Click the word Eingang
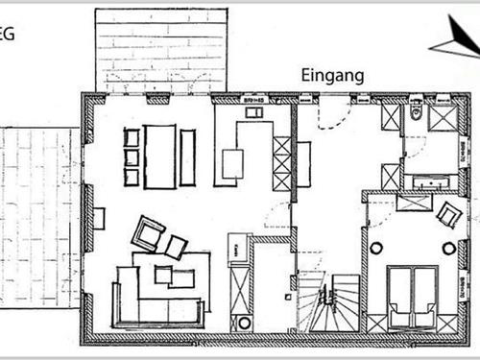coord(332,75)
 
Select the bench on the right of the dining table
coord(186,156)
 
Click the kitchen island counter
coord(233,162)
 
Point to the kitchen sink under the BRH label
coord(255,113)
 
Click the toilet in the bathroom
coord(415,115)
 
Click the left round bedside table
coord(375,249)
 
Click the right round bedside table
coord(448,249)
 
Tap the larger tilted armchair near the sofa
coord(149,231)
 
